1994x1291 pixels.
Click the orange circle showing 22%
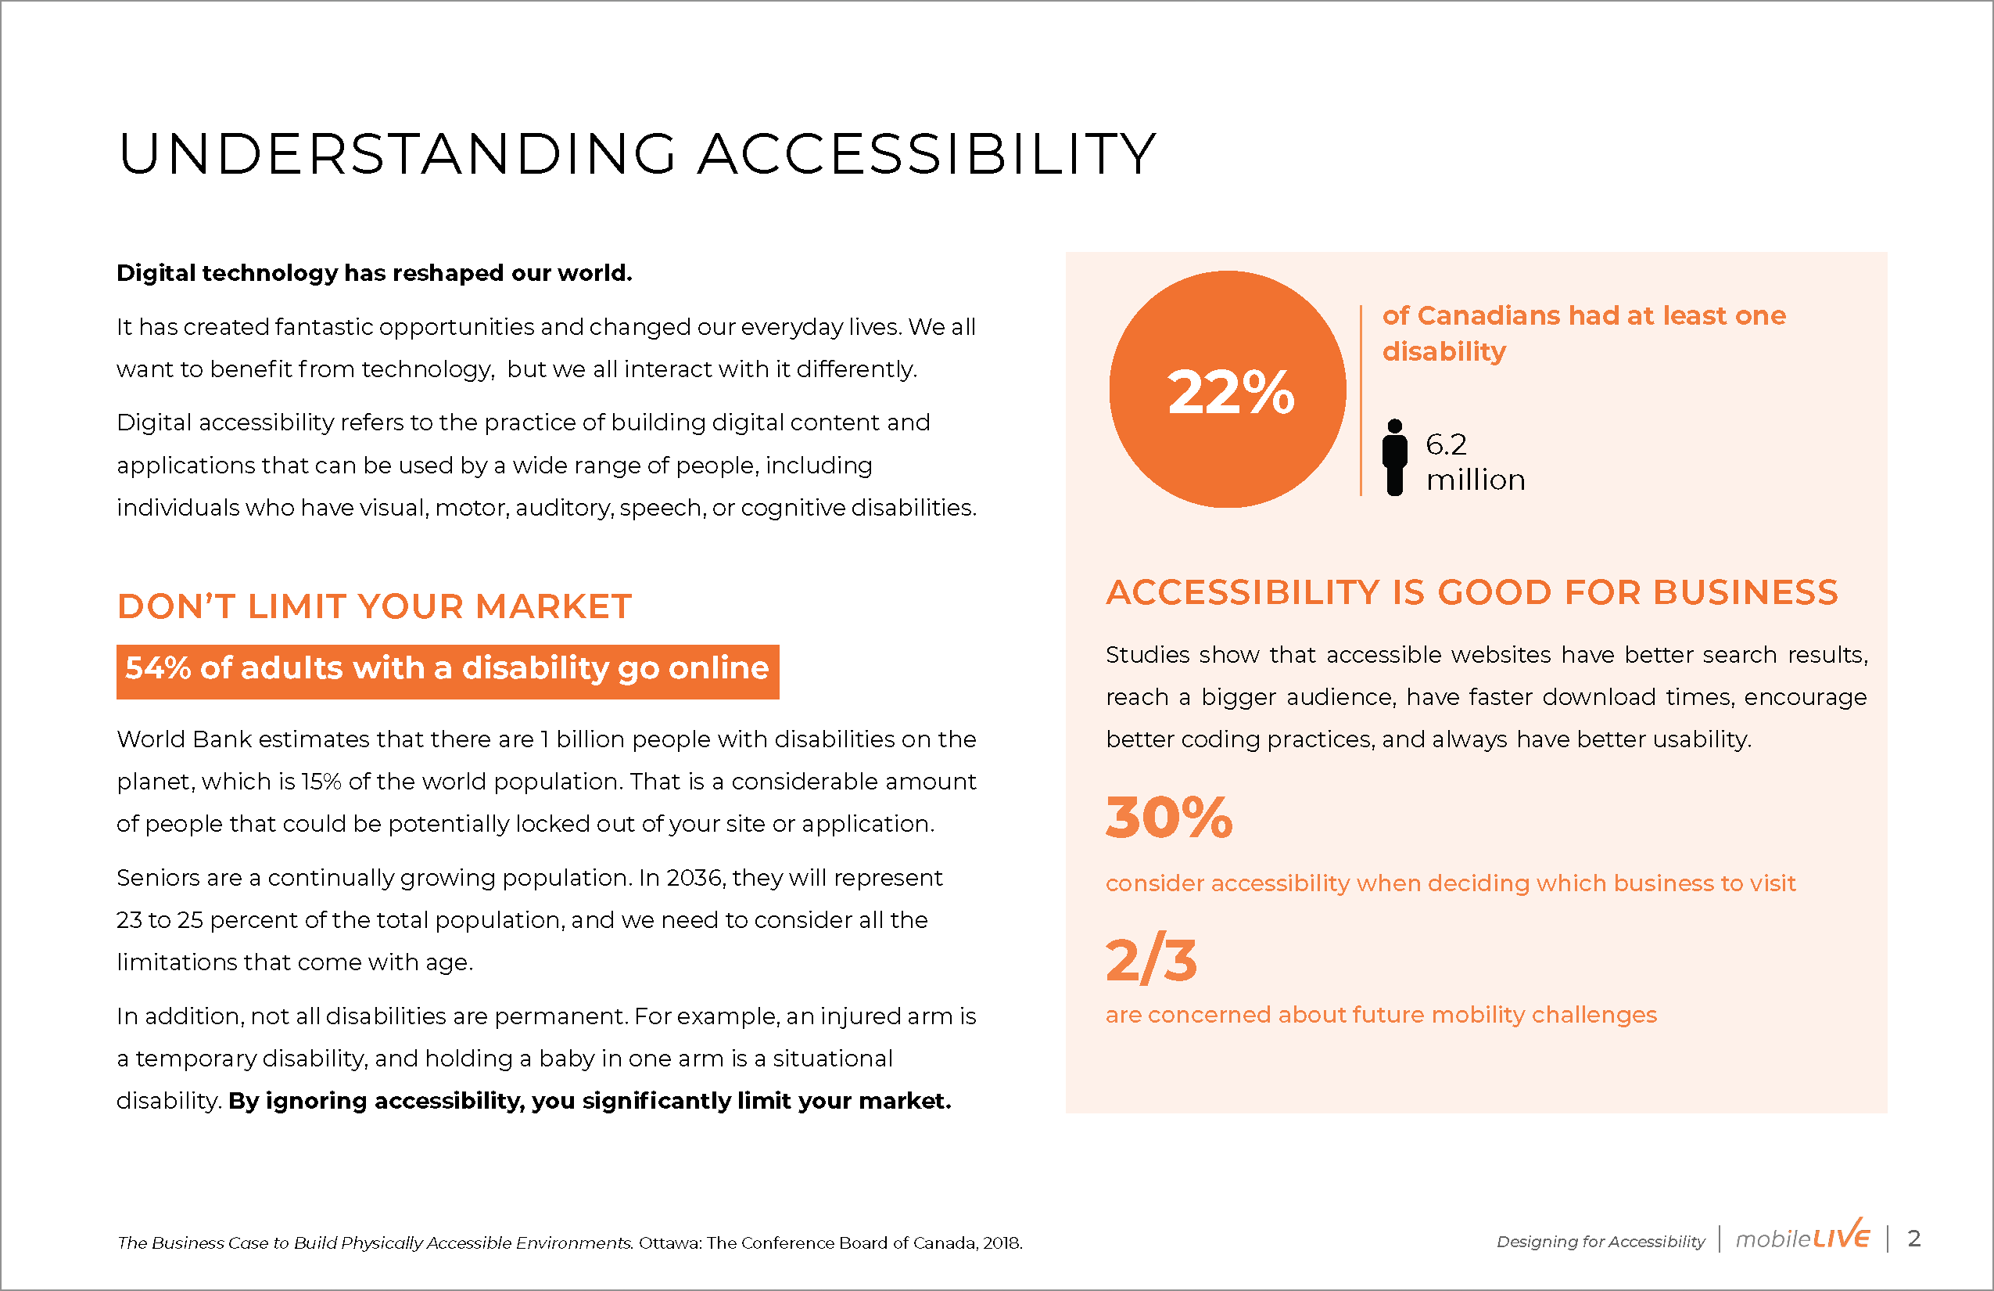click(x=1228, y=389)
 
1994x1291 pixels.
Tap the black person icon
click(x=1395, y=457)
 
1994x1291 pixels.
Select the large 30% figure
click(x=1170, y=818)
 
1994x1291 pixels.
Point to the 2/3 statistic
click(x=1151, y=960)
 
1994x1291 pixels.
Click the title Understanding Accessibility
click(x=637, y=154)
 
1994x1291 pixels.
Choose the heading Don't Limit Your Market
click(x=375, y=606)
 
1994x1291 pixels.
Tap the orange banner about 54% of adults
click(x=447, y=671)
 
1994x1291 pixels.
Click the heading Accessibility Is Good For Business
click(x=1472, y=593)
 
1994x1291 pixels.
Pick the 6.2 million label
click(x=1476, y=462)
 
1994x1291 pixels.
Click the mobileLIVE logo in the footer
click(x=1802, y=1236)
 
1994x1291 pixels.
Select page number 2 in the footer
click(x=1914, y=1238)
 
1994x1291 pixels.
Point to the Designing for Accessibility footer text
click(x=1600, y=1242)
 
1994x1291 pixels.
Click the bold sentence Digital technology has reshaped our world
click(x=375, y=273)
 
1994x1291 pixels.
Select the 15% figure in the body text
click(x=321, y=782)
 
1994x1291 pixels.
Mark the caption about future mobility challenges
click(x=1382, y=1016)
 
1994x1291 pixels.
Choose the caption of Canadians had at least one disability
click(x=1583, y=333)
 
